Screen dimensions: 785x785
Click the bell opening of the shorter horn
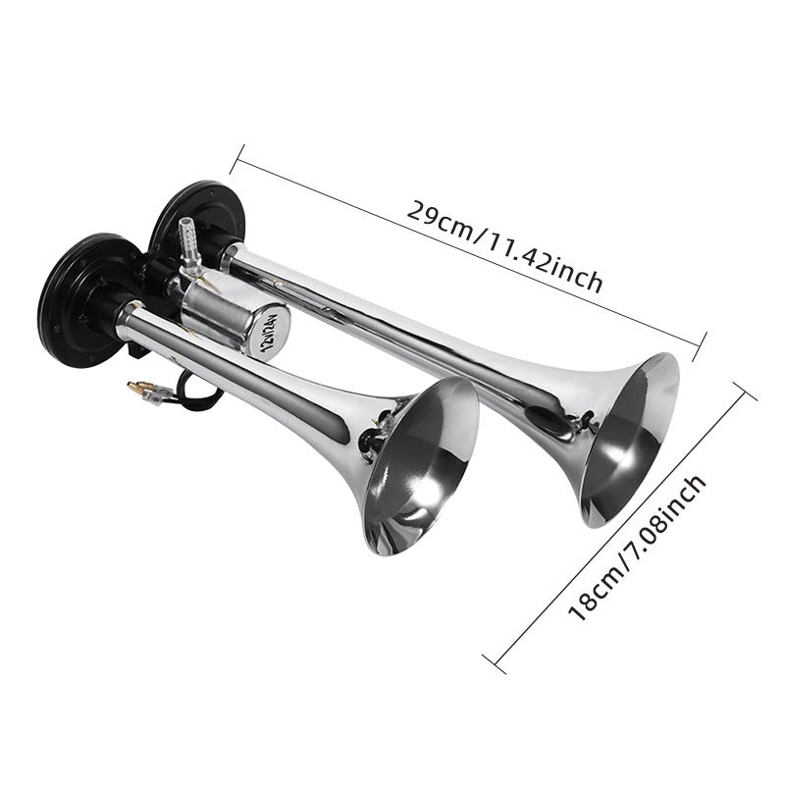(422, 466)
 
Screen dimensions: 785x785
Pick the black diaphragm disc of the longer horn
(198, 220)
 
